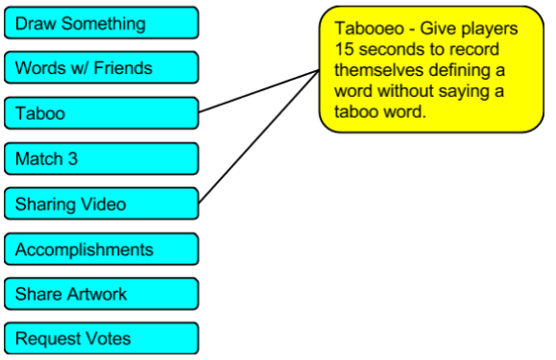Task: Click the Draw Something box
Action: tap(102, 23)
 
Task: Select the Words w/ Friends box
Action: tap(102, 67)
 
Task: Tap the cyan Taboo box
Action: tap(102, 113)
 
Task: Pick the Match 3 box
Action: tap(102, 158)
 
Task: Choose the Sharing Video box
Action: tap(102, 204)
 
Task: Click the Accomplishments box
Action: tap(102, 249)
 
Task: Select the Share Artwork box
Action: tap(102, 294)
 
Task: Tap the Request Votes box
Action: tap(102, 339)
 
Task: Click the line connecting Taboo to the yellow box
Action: tap(259, 91)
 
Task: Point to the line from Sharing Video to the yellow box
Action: tap(259, 136)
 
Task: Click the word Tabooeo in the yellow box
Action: tap(369, 29)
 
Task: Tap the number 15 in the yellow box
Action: tap(344, 49)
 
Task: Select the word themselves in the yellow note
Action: tap(378, 70)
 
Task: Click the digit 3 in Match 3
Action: tap(73, 158)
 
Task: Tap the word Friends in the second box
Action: tap(123, 67)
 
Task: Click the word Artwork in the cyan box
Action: tap(97, 294)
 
